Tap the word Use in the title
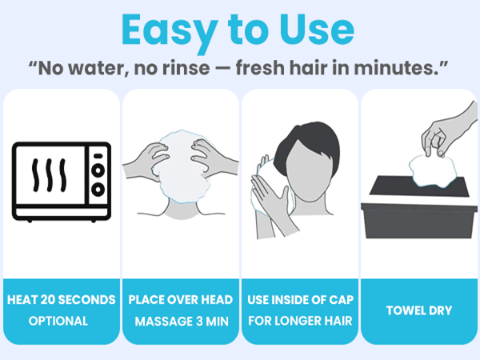point(317,30)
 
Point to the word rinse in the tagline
point(186,68)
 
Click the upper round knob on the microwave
point(98,170)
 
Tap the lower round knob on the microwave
point(98,190)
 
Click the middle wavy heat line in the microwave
point(50,175)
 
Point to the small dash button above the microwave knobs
point(98,156)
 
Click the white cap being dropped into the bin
point(433,172)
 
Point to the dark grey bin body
point(419,221)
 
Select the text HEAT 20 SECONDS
point(62,300)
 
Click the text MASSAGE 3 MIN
point(182,322)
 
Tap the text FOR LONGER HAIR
point(300,321)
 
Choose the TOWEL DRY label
point(419,310)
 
